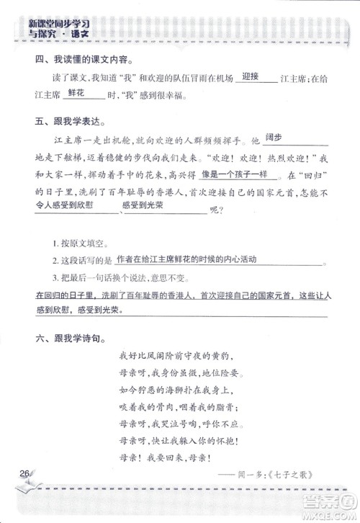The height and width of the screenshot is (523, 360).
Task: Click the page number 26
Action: [24, 473]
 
